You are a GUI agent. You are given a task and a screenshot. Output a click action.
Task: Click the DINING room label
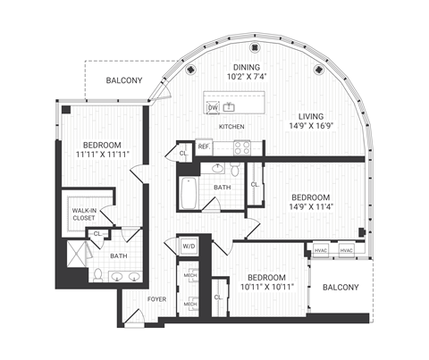tap(248, 67)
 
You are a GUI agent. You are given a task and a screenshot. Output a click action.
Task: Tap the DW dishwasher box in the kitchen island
tap(213, 108)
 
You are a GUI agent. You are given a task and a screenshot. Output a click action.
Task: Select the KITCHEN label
tap(231, 127)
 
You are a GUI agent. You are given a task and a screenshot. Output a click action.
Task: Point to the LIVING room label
tap(311, 115)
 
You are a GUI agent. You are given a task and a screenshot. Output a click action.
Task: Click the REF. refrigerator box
tap(205, 145)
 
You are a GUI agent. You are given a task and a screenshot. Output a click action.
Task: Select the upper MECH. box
tap(190, 273)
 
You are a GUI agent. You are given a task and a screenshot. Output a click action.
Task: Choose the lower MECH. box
tap(190, 304)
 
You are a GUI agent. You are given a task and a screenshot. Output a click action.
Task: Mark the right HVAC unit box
tap(347, 251)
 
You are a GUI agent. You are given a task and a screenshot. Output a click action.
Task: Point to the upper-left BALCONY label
tap(124, 81)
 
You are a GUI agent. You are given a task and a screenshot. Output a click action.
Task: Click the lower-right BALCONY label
tap(341, 288)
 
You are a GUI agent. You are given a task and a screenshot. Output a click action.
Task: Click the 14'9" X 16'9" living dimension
tap(311, 127)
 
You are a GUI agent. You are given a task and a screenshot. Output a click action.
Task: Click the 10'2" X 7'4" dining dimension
tap(248, 78)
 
